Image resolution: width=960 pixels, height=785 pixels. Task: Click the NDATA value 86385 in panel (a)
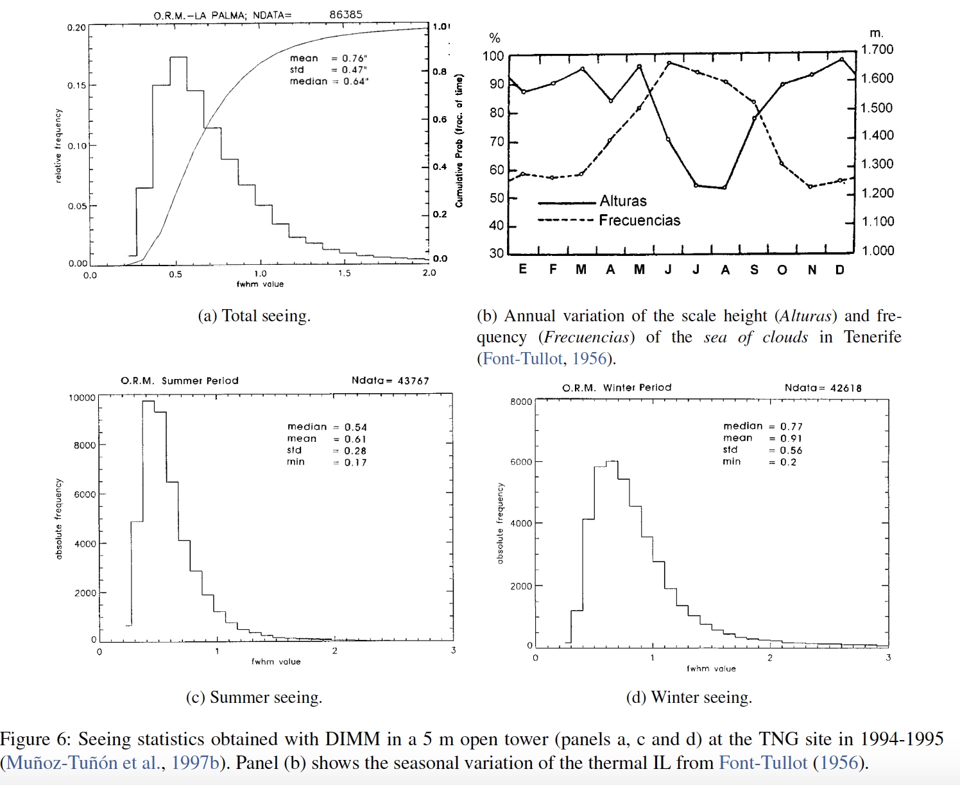coord(346,14)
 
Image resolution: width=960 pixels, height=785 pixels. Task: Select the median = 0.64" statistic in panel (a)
coord(329,81)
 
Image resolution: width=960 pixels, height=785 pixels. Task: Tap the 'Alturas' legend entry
coord(622,201)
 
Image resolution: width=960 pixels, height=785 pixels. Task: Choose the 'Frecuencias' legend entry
coord(639,221)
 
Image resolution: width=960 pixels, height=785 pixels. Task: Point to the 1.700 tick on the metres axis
coord(877,49)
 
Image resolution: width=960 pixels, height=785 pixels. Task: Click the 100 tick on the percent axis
coord(493,56)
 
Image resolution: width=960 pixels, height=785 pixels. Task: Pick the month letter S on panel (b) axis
coord(754,270)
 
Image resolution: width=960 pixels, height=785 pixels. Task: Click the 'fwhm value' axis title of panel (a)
coord(260,284)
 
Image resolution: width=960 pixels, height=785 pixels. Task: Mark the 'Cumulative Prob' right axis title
coord(459,141)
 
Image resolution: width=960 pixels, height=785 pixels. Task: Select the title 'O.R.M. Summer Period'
coord(180,381)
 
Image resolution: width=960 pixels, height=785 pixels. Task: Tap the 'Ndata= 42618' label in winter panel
coord(823,388)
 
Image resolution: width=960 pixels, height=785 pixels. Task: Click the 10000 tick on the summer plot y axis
coord(82,398)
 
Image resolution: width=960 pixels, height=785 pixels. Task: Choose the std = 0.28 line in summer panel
coord(327,451)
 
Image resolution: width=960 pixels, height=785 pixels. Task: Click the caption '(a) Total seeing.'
coord(254,316)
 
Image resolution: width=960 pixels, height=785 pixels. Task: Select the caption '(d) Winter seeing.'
coord(689,697)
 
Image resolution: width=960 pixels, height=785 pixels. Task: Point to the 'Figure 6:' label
coord(35,739)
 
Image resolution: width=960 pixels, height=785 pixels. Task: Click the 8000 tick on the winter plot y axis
coord(521,402)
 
